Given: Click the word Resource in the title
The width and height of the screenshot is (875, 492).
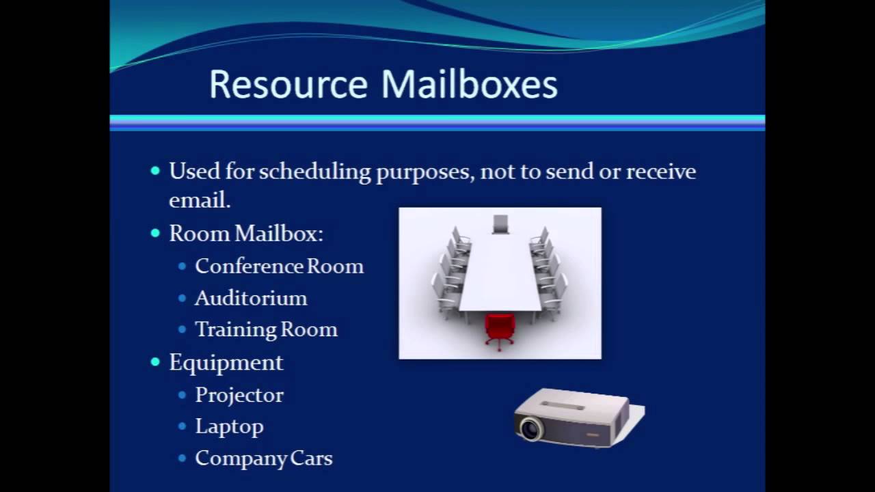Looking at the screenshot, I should (x=288, y=85).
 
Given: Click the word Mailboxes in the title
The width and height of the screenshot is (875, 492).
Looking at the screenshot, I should (x=469, y=85).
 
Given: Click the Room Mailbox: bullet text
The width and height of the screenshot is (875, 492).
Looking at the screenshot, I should (x=245, y=234).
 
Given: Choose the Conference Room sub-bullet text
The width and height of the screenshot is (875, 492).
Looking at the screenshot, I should (x=279, y=266).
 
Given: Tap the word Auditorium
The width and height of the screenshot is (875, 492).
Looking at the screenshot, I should (x=251, y=298).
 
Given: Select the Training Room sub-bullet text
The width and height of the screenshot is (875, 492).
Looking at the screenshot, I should (x=266, y=329).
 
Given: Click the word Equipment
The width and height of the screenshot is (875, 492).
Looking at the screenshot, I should (x=226, y=362).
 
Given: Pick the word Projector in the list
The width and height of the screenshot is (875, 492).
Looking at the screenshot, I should (x=239, y=395).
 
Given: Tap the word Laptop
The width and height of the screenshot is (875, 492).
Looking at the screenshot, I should (x=229, y=426).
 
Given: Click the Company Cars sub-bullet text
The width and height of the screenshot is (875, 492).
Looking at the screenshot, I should (x=263, y=458).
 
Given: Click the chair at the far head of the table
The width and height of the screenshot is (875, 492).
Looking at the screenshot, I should (x=500, y=223).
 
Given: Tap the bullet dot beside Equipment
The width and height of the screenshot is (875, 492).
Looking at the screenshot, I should (x=155, y=362).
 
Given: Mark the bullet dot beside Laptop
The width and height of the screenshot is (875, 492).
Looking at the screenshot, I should (x=182, y=426).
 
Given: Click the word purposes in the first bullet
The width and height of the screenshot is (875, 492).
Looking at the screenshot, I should (x=423, y=172).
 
